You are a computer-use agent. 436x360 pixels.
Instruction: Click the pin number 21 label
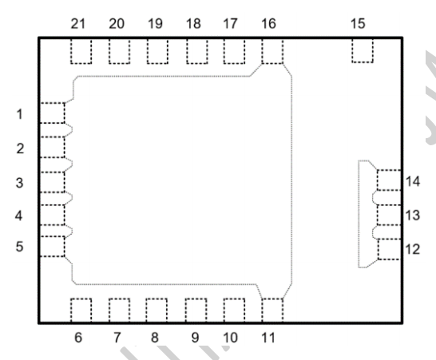pyautogui.click(x=78, y=24)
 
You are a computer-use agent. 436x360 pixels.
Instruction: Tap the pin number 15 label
pyautogui.click(x=358, y=24)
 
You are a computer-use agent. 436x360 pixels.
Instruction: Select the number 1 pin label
pyautogui.click(x=19, y=114)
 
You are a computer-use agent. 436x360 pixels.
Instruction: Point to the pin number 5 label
pyautogui.click(x=19, y=247)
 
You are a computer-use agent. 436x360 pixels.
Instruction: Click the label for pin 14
pyautogui.click(x=413, y=181)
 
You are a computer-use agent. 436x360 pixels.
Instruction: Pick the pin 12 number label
pyautogui.click(x=413, y=249)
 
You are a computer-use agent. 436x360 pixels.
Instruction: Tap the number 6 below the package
pyautogui.click(x=78, y=338)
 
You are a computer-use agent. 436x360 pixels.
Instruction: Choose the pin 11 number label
pyautogui.click(x=268, y=338)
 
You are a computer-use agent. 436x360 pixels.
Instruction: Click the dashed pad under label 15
pyautogui.click(x=363, y=50)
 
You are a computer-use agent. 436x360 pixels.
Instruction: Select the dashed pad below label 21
pyautogui.click(x=81, y=51)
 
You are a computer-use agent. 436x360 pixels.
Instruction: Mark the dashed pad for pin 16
pyautogui.click(x=272, y=51)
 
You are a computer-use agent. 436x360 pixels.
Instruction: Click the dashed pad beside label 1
pyautogui.click(x=53, y=113)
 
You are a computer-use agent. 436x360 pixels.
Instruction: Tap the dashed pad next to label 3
pyautogui.click(x=53, y=182)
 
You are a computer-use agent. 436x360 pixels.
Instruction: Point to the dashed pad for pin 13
pyautogui.click(x=389, y=215)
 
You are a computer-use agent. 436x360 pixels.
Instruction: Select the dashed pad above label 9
pyautogui.click(x=196, y=310)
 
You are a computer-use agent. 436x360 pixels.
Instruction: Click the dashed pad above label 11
pyautogui.click(x=272, y=310)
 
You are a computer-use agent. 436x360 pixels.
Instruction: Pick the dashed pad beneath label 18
pyautogui.click(x=197, y=51)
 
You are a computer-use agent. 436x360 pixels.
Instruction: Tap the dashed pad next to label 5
pyautogui.click(x=53, y=247)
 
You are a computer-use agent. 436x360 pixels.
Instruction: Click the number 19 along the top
pyautogui.click(x=155, y=24)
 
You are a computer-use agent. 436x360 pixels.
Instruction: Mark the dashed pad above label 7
pyautogui.click(x=119, y=310)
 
